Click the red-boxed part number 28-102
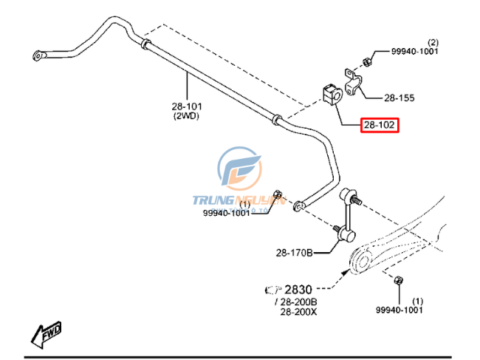pos(380,125)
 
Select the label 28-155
pos(399,97)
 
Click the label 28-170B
pos(295,253)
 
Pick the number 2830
pos(298,289)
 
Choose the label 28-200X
pos(298,311)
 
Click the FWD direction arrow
pos(46,333)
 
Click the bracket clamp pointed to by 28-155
pos(352,80)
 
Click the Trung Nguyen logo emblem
pos(238,172)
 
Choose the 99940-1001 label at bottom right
pos(399,310)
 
